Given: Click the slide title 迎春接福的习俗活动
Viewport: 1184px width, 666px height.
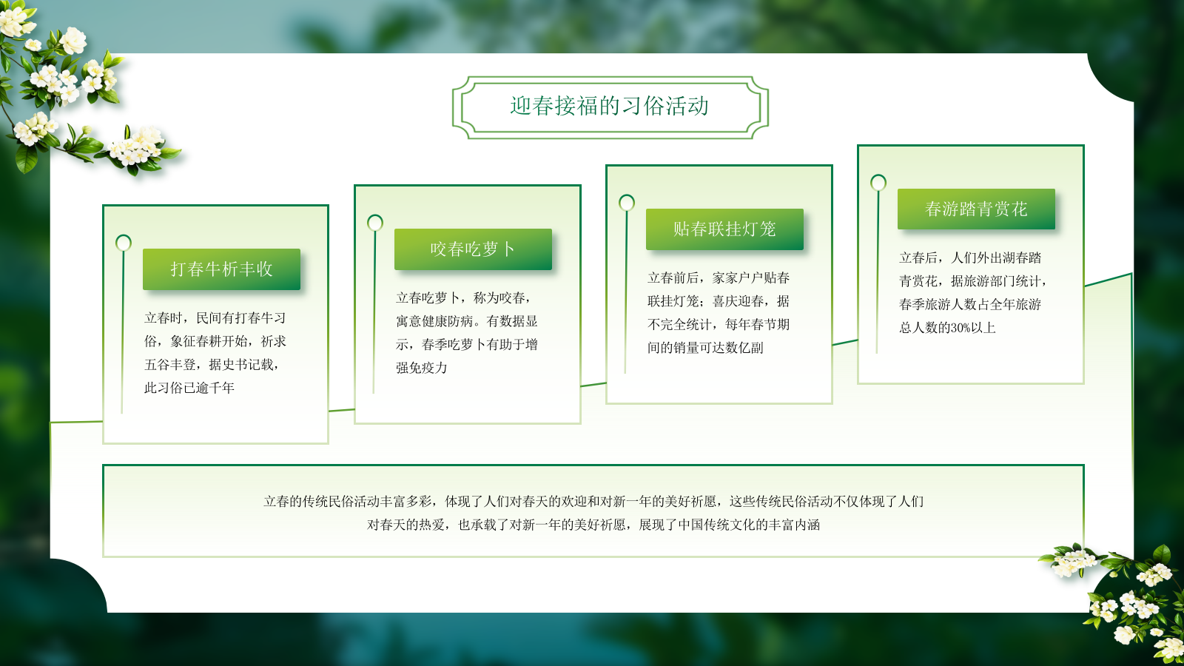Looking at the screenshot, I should click(609, 107).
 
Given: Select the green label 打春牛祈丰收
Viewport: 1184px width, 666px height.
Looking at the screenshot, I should click(221, 269).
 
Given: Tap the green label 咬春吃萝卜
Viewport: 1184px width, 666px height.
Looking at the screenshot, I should click(473, 249).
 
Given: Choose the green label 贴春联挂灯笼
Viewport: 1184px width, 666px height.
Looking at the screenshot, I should click(724, 229).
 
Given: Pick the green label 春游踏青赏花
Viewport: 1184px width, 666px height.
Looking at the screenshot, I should click(976, 209).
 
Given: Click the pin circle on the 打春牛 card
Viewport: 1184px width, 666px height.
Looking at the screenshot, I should click(124, 243).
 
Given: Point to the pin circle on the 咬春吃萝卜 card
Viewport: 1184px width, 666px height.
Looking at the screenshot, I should click(375, 223).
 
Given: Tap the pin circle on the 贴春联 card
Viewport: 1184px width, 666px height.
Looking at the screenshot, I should click(627, 203).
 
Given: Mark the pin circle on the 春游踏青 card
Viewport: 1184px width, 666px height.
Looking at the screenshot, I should click(878, 183).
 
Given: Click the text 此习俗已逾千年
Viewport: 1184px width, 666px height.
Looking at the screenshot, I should click(189, 388).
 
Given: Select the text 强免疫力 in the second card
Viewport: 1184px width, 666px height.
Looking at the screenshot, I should click(422, 368).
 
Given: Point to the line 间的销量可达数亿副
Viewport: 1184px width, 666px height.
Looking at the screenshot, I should click(705, 348).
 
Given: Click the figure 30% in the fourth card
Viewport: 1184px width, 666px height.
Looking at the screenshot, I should click(962, 328).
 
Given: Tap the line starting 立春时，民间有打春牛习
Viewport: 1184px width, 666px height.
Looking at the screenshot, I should click(215, 318).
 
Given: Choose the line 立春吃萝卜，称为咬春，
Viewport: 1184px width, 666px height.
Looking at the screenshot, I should click(464, 298).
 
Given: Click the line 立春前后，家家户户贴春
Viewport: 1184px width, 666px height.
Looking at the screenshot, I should click(719, 278).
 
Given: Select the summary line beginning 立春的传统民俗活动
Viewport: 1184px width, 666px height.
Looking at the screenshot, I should click(593, 502).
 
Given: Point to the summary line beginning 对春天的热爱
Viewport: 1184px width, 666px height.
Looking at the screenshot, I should click(593, 525).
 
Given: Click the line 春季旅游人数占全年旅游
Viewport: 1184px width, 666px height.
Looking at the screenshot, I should click(970, 304).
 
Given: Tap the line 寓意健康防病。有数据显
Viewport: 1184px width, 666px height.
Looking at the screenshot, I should click(467, 321).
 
